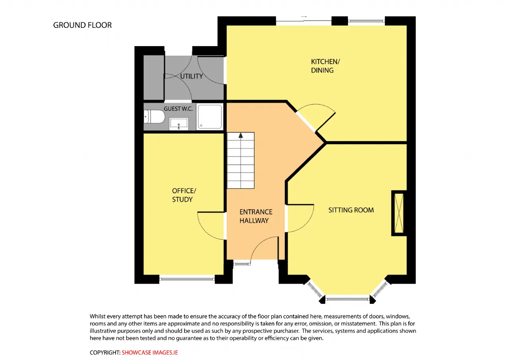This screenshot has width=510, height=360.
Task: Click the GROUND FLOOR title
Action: coord(82,25)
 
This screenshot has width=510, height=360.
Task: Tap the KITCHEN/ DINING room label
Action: coord(326,66)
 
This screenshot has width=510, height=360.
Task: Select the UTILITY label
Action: coord(192,76)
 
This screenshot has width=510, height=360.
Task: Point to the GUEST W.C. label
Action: coord(178,109)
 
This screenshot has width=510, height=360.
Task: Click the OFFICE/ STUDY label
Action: coord(184,195)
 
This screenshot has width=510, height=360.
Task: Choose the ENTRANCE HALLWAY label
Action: coord(256,216)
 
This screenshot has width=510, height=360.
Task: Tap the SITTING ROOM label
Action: coord(351,210)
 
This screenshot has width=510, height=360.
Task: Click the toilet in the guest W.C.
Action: coord(154,117)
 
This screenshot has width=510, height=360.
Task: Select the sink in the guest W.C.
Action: coord(179,124)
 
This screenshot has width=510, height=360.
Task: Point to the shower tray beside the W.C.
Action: coord(210,117)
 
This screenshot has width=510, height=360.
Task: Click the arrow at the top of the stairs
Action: coord(241,135)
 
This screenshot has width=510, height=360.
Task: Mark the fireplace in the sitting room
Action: coord(399,213)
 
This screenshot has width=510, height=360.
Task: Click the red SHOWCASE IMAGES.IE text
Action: coord(149,352)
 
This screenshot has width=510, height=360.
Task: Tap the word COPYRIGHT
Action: coord(105,352)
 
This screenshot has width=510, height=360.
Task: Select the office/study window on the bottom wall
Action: coord(187,279)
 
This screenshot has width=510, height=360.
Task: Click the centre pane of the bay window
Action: coord(347,299)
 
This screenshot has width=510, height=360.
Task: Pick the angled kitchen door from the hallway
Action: coord(326,123)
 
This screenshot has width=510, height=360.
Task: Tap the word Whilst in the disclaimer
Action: coord(98,316)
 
